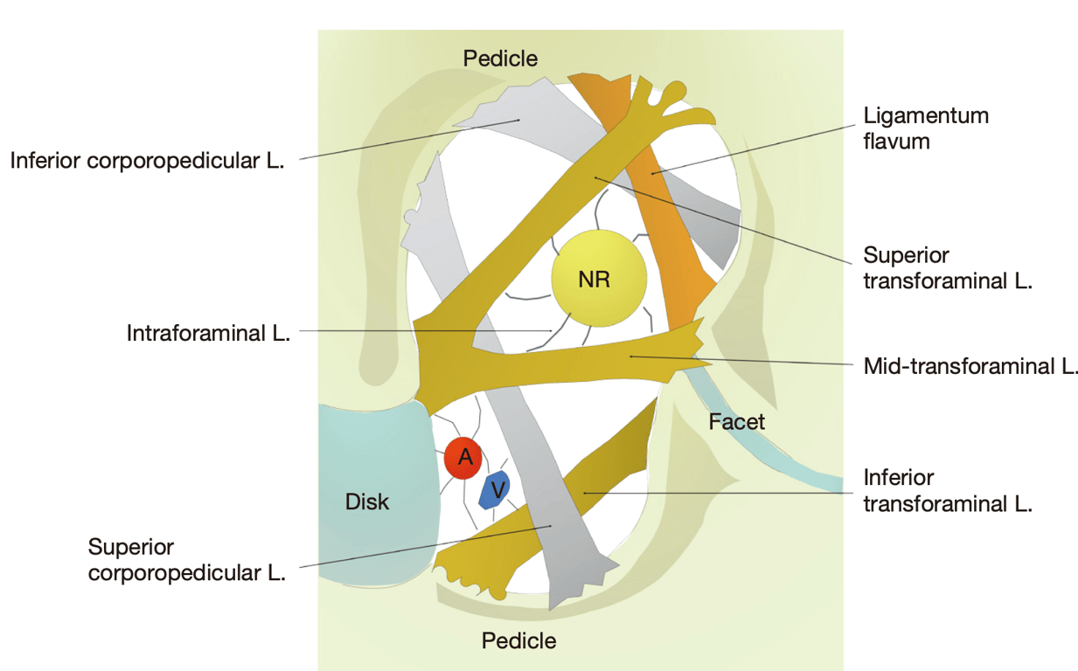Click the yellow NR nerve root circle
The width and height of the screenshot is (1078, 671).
click(599, 280)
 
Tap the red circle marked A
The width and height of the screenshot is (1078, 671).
click(463, 457)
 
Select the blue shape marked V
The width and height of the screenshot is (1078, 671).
click(495, 491)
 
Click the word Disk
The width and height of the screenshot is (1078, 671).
click(367, 502)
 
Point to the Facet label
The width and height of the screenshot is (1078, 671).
click(736, 422)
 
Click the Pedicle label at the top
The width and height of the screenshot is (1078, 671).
click(500, 59)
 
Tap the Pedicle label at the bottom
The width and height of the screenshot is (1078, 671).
click(518, 640)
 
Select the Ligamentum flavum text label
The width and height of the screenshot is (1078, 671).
click(925, 128)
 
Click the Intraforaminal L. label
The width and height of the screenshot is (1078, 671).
click(208, 333)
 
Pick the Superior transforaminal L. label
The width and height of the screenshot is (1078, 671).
click(948, 269)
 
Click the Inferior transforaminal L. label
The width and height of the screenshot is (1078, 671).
click(948, 491)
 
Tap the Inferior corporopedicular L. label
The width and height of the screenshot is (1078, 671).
click(147, 162)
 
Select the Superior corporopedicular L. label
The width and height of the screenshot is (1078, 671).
click(186, 560)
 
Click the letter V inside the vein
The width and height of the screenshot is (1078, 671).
click(497, 491)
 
